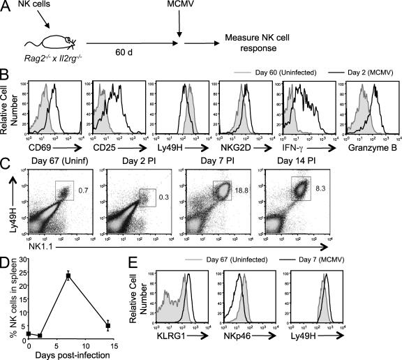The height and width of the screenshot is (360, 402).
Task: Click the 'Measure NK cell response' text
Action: [x=264, y=46]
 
